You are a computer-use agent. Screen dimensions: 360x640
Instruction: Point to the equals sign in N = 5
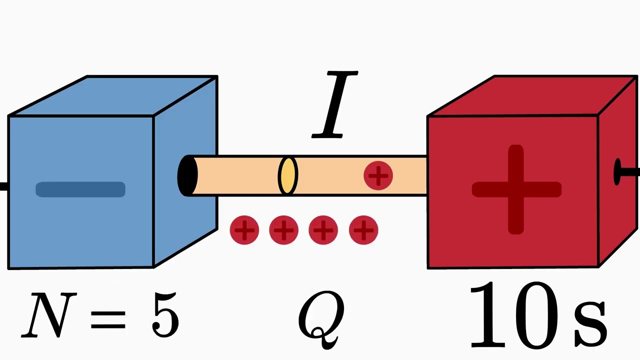coord(108,318)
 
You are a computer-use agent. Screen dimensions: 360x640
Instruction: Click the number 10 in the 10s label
coord(515,315)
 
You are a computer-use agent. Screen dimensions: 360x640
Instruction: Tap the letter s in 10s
coord(590,320)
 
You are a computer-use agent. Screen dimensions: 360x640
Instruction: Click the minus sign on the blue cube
coord(80,189)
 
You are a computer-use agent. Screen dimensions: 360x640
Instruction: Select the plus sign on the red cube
coord(516,189)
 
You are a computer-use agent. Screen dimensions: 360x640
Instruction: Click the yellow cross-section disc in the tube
coord(287,175)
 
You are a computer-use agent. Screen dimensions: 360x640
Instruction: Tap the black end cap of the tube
coord(186,175)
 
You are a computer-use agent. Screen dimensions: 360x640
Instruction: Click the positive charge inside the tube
coord(378,175)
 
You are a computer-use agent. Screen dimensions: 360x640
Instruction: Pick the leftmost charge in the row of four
coord(244,230)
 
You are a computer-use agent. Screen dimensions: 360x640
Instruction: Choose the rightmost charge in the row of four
coord(363,230)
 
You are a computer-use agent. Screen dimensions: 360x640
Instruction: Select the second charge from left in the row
coord(283,230)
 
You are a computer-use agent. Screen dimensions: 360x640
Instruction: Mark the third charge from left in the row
coord(323,230)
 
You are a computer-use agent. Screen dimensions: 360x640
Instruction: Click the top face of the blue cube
coord(115,95)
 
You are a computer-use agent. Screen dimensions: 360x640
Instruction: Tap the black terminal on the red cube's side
coord(620,172)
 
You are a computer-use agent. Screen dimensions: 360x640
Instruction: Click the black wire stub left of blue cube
coord(3,187)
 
